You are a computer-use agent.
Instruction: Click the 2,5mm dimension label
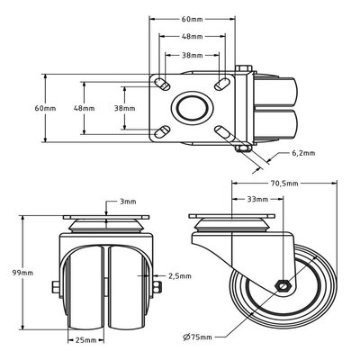pos(179,276)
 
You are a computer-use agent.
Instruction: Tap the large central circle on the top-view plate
pos(192,109)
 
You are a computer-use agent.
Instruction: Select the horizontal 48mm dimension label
pos(191,37)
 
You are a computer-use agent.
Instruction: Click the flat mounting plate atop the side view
pos(232,219)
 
